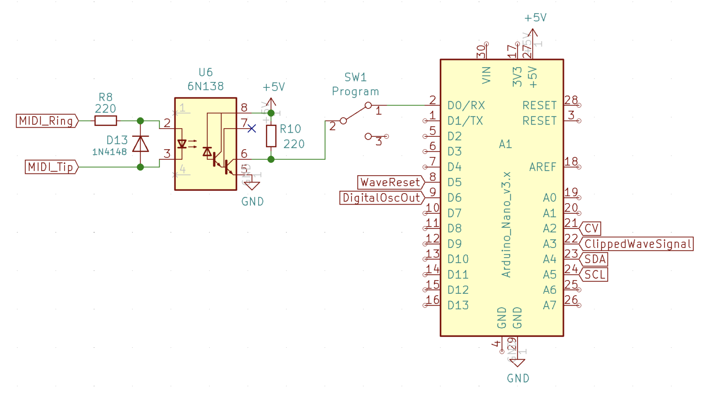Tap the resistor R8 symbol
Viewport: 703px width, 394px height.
[x=105, y=121]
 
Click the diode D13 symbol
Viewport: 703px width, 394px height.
[x=141, y=144]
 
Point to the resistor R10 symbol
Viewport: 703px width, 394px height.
[x=271, y=136]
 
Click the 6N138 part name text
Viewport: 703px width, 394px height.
[x=205, y=86]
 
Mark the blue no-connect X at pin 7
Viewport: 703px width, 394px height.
[x=251, y=129]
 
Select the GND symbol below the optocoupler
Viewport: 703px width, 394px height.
[x=252, y=185]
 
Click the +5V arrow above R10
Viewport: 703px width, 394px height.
[x=271, y=103]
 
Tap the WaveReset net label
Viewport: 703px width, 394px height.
[x=390, y=182]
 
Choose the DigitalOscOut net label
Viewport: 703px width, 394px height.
[x=382, y=198]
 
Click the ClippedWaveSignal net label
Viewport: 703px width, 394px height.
[x=637, y=244]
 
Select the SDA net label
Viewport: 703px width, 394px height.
[x=595, y=259]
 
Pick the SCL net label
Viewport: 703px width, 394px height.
[x=595, y=275]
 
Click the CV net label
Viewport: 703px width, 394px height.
[x=591, y=228]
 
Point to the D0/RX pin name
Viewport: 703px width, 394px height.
[x=466, y=106]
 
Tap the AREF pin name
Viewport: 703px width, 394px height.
[x=542, y=167]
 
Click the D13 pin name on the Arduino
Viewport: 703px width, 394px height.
[x=458, y=305]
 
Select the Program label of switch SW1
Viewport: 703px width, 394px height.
[x=355, y=92]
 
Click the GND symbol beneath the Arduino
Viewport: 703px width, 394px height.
[x=517, y=363]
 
